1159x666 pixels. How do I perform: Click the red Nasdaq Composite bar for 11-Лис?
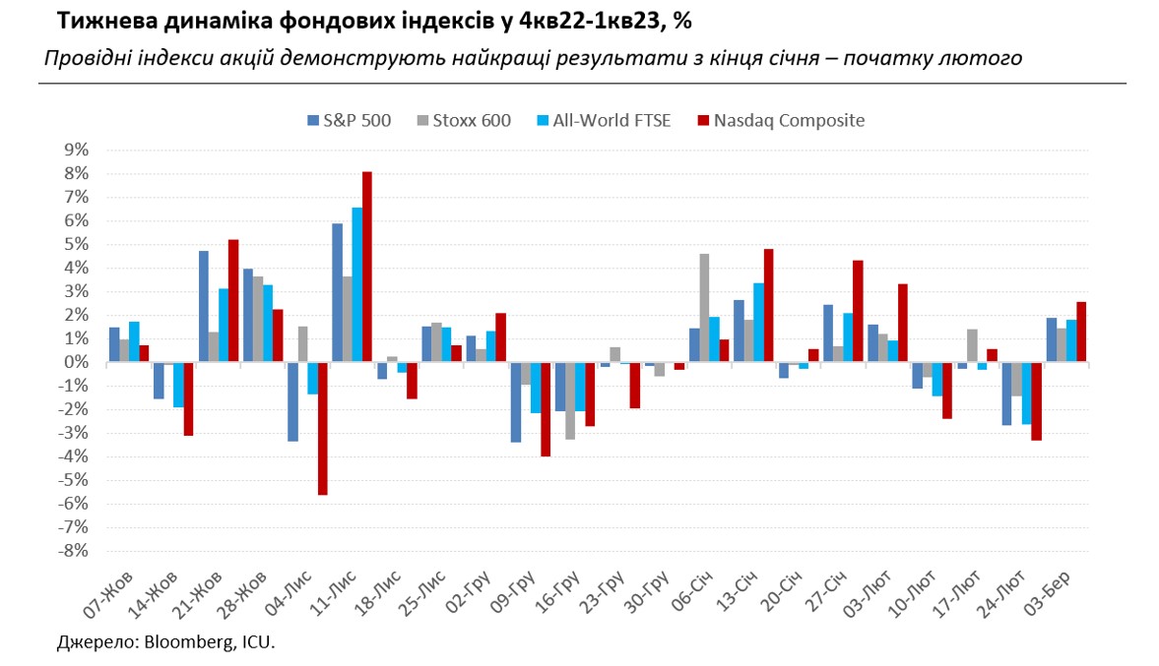coord(367,267)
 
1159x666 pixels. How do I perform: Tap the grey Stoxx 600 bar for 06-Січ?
coord(704,308)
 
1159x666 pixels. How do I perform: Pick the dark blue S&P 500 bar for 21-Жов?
coord(203,306)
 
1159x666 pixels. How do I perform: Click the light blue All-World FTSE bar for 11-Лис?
coord(356,284)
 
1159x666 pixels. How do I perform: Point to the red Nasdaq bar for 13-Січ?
coord(769,305)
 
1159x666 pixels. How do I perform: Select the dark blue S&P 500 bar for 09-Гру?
coord(515,401)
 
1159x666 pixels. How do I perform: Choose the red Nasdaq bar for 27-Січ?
coord(858,311)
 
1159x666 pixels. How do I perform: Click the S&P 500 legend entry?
coord(348,121)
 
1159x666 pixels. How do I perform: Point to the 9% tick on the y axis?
coord(76,150)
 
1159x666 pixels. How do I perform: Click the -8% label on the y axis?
coord(74,551)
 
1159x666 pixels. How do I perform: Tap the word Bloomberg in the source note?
coord(186,643)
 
